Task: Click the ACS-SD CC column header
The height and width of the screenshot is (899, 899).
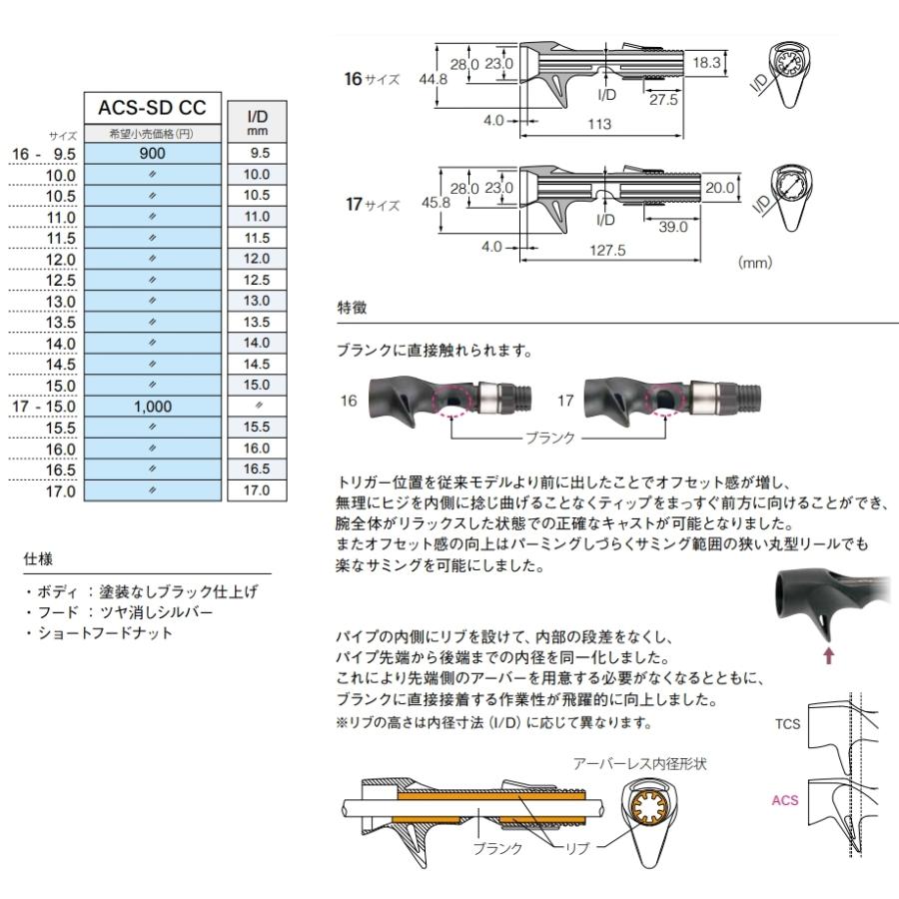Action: pos(152,110)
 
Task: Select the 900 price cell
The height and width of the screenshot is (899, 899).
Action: pos(152,154)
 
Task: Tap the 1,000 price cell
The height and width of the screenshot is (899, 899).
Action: pos(152,407)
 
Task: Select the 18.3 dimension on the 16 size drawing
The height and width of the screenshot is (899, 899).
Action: pos(706,62)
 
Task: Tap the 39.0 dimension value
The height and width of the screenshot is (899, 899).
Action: pos(672,228)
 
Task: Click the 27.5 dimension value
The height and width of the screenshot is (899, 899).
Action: pos(661,99)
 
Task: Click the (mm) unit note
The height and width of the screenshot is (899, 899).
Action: pos(755,264)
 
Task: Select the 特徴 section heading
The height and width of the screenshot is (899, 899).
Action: pos(353,310)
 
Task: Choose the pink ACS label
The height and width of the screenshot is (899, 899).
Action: pos(785,800)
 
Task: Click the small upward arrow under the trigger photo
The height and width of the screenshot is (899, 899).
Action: pos(827,655)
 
